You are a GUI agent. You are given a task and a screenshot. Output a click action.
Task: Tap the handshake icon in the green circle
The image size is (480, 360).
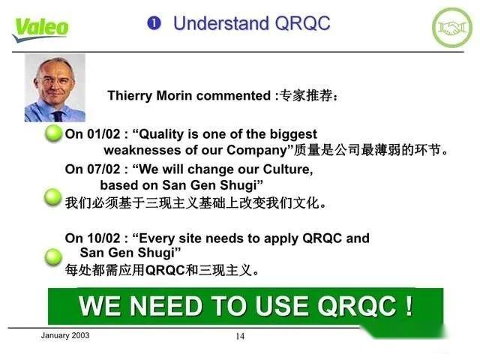point(452,27)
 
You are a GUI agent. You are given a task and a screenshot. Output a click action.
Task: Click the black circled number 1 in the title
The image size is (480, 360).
point(154,23)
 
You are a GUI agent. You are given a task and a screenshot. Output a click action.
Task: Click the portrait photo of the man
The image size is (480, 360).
point(55,90)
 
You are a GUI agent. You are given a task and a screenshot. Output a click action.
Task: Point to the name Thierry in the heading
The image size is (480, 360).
point(131,96)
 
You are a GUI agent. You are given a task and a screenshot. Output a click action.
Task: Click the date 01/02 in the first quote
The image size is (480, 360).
point(103,134)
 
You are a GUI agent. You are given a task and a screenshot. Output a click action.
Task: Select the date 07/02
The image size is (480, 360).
point(103,169)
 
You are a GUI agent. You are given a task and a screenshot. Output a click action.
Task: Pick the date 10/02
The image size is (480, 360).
point(103,238)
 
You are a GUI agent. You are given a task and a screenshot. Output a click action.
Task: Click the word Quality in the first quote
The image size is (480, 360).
point(165,134)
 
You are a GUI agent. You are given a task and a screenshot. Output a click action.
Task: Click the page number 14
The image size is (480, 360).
point(240,337)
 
